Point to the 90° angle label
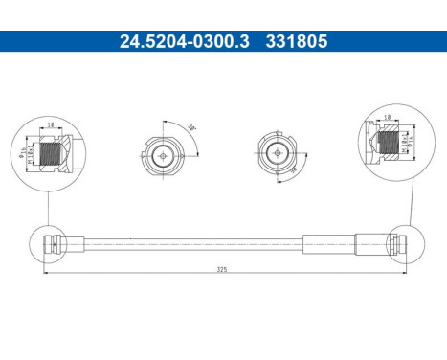(x=192, y=125)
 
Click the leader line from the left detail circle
(x=46, y=206)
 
